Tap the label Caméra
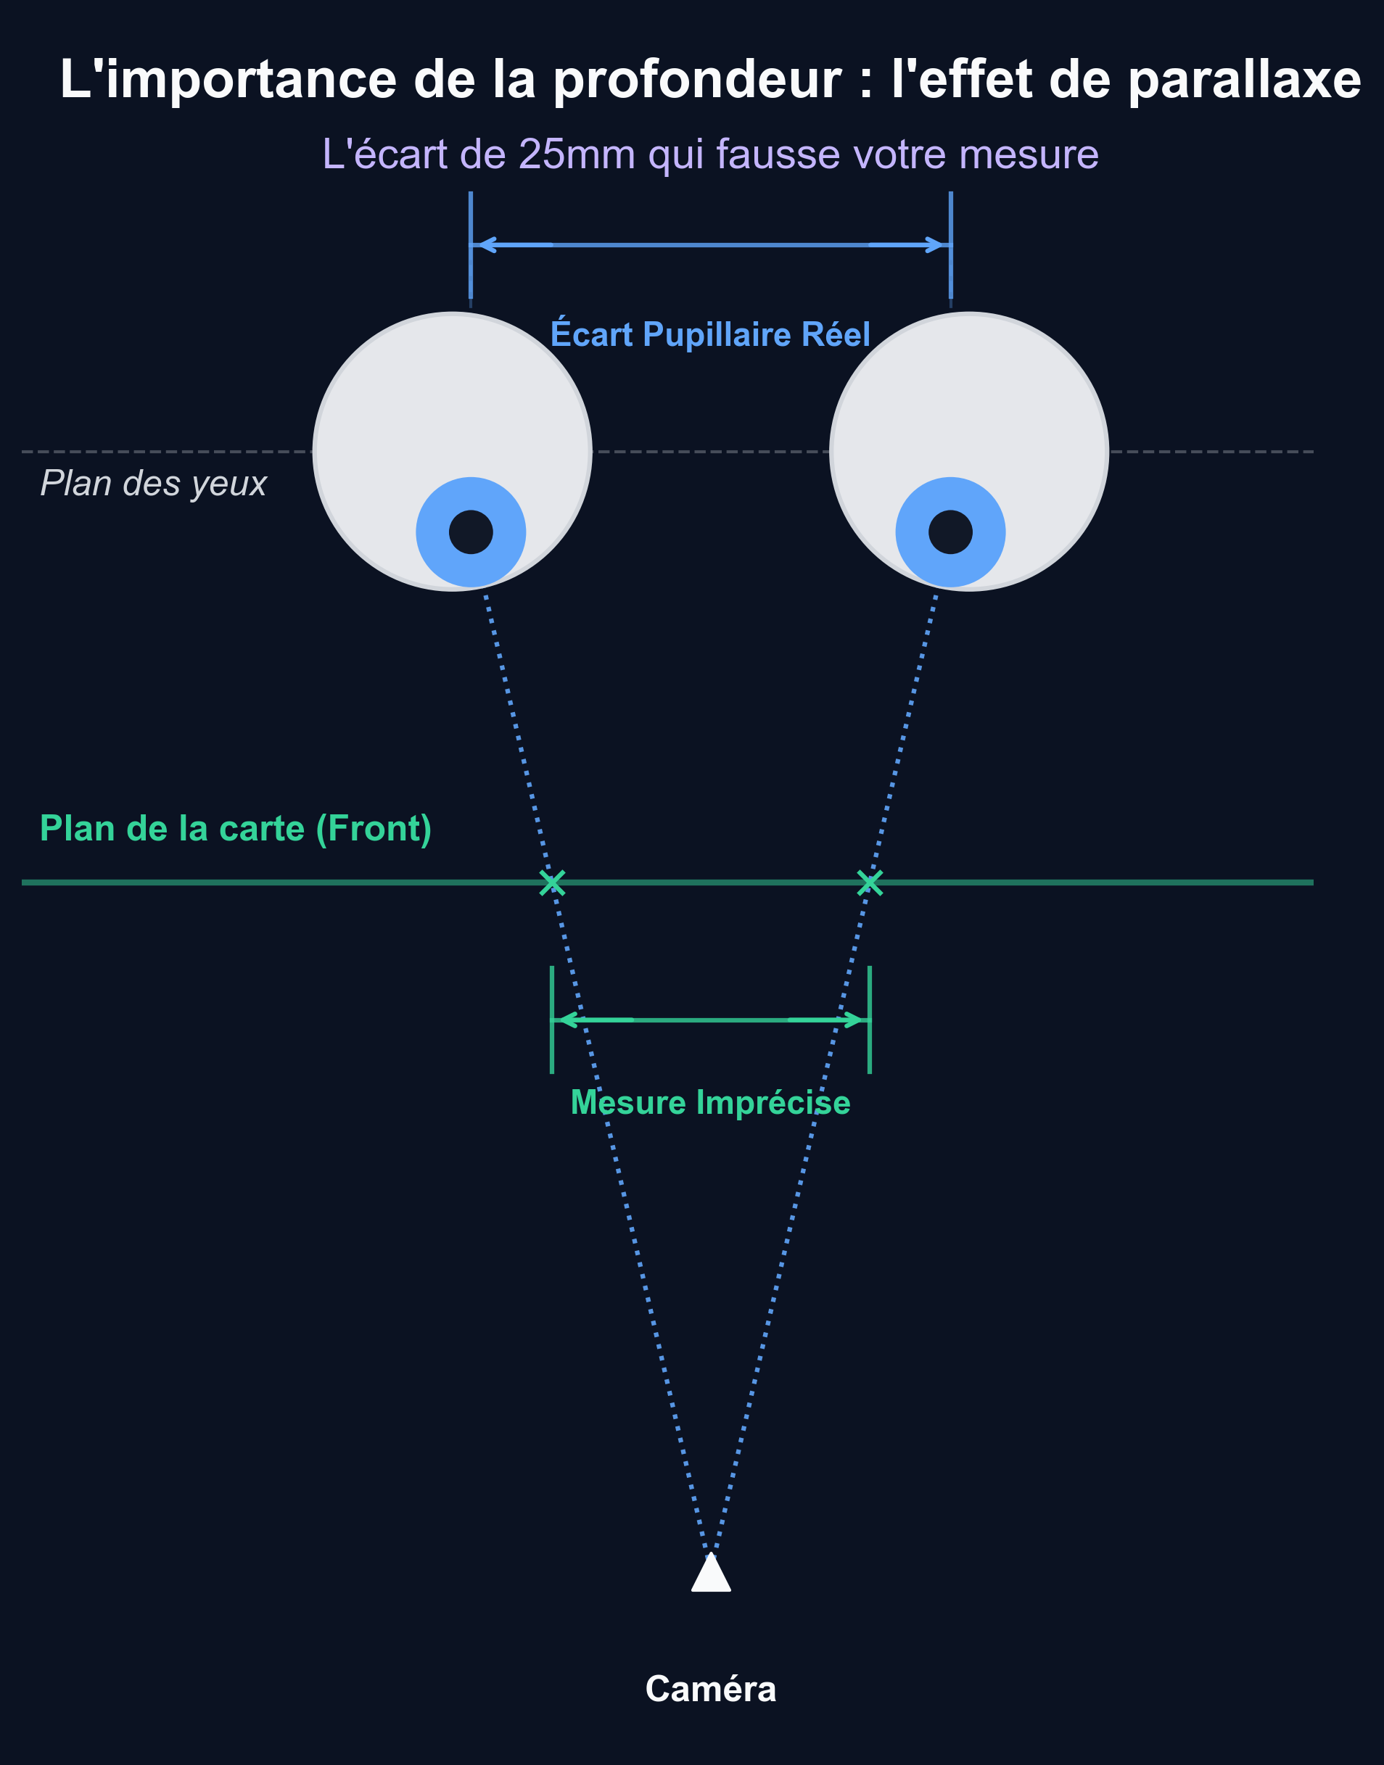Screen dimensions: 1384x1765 click(x=711, y=1689)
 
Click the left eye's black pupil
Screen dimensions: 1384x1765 click(x=471, y=532)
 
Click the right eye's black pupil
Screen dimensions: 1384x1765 click(x=950, y=532)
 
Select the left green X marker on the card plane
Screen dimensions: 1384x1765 click(x=552, y=882)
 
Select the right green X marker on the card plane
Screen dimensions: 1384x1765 click(x=870, y=882)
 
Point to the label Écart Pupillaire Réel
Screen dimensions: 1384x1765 click(x=711, y=334)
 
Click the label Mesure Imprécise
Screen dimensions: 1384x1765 click(x=711, y=1103)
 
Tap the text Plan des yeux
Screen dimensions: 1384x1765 click(x=154, y=484)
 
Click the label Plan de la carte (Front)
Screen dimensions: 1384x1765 click(x=236, y=829)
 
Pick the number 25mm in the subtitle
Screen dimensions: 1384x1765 click(x=577, y=154)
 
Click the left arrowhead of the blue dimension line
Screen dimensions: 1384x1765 click(x=483, y=244)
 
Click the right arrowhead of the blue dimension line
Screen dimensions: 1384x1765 click(x=939, y=244)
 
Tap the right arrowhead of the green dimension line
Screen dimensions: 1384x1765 click(x=857, y=1020)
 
